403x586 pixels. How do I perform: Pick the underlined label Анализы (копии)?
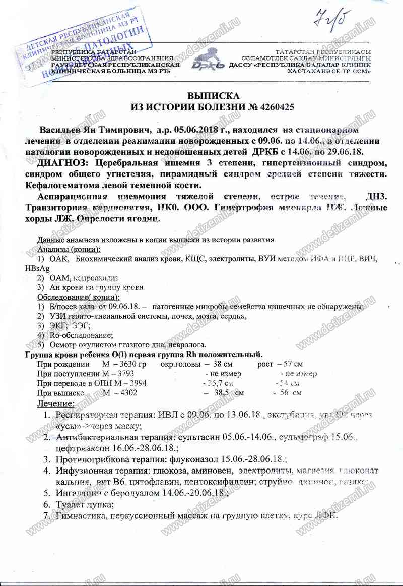click(69, 250)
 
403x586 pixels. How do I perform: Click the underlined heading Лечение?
click(56, 403)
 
